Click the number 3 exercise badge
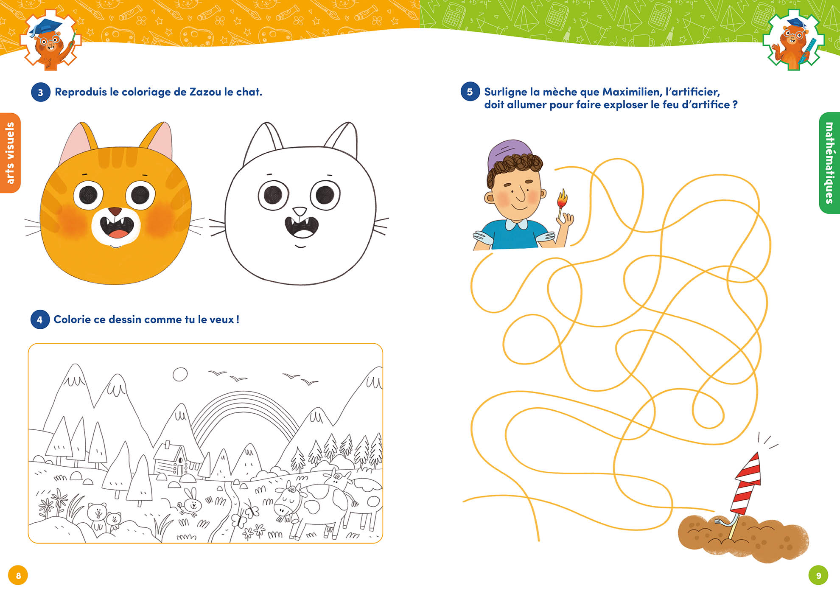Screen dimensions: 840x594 click(x=40, y=92)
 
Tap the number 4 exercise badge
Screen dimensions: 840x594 click(x=40, y=319)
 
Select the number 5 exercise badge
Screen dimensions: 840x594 click(x=470, y=92)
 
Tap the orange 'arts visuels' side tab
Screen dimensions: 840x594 click(x=10, y=153)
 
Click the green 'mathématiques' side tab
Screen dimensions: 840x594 click(x=829, y=163)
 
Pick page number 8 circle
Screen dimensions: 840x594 click(x=18, y=575)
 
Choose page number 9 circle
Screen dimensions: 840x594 click(x=818, y=575)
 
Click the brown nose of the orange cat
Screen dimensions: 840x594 click(x=115, y=211)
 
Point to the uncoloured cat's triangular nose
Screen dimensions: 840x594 click(x=300, y=211)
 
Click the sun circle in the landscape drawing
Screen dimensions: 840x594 click(x=180, y=375)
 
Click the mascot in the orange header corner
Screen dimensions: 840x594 click(x=50, y=40)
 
